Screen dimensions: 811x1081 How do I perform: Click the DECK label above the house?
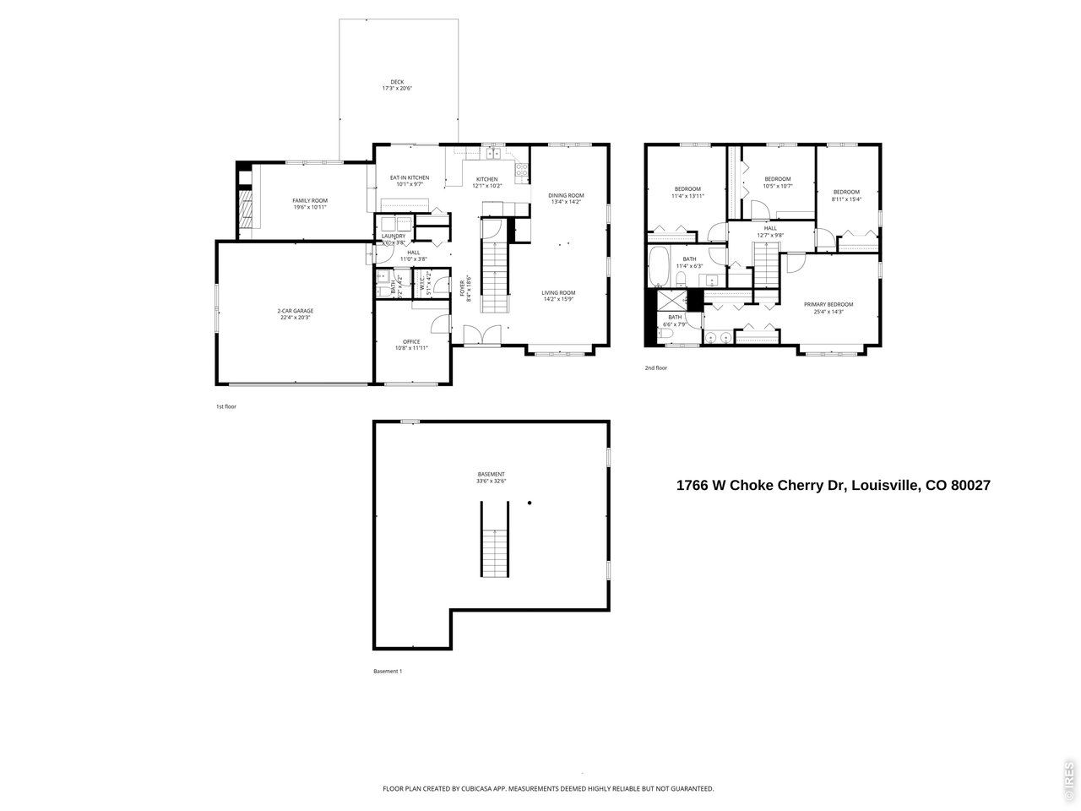click(396, 82)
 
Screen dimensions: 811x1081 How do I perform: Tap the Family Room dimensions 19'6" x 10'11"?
click(310, 207)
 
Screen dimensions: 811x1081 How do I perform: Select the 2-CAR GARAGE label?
click(296, 311)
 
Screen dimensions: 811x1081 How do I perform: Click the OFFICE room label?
click(411, 341)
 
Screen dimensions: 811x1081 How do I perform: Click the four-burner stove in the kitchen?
click(523, 167)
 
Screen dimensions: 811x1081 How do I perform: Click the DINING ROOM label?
click(566, 194)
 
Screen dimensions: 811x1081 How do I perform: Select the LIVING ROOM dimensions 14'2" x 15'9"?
click(558, 299)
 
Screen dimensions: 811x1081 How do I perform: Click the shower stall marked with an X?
click(673, 300)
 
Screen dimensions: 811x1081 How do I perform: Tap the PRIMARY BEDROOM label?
click(828, 304)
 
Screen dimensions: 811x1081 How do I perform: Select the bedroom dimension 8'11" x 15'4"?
click(845, 199)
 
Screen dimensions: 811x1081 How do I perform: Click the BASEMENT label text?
click(491, 474)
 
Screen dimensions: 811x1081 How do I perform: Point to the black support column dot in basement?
click(530, 504)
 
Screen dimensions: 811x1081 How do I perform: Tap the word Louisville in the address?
click(884, 485)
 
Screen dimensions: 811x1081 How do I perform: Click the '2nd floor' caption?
click(656, 368)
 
